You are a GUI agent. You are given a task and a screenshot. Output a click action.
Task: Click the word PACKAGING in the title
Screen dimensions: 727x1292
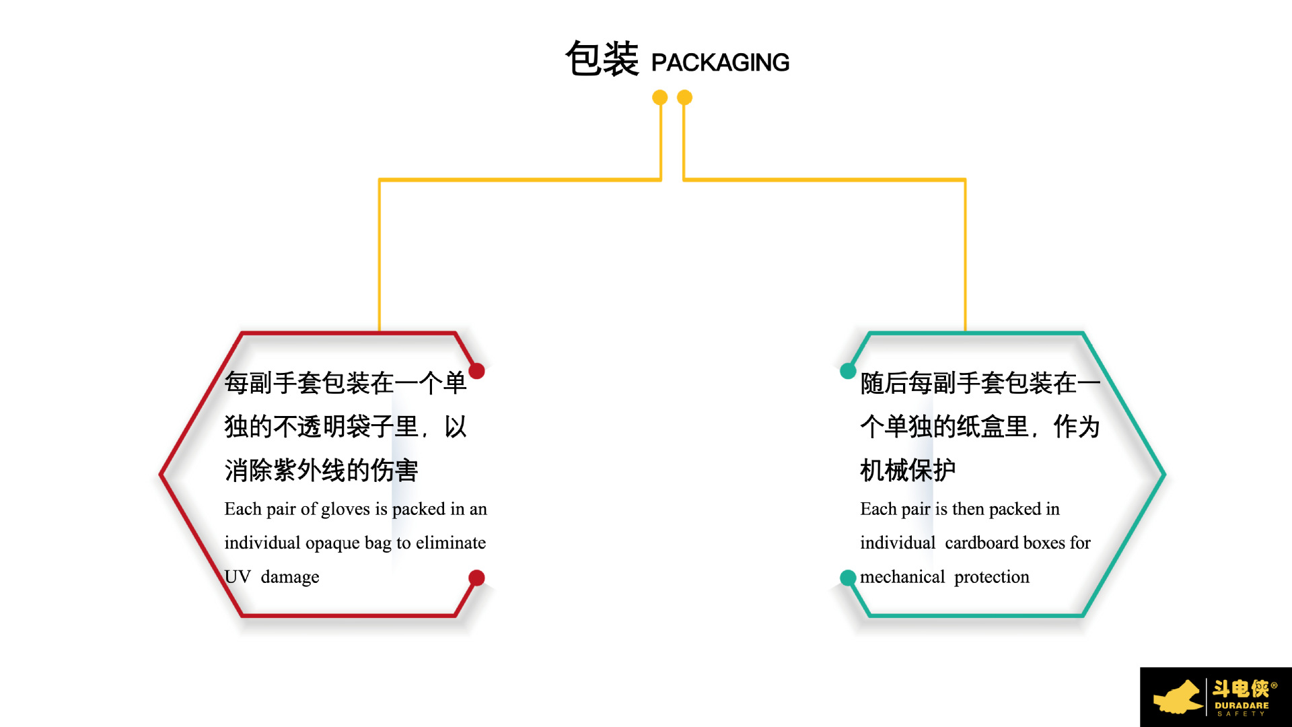[720, 63]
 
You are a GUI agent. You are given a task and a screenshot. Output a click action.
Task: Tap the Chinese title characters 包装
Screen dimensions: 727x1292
[602, 59]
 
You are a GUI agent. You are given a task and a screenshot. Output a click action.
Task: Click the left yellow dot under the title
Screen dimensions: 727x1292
[660, 98]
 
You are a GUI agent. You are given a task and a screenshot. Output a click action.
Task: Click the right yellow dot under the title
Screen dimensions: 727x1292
[684, 98]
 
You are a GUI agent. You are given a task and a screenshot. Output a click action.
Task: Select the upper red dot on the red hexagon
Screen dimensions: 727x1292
[476, 371]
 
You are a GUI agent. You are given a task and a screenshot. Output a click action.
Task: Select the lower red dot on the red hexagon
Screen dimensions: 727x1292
[476, 578]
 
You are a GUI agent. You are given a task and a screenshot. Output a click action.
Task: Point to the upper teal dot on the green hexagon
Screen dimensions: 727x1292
[848, 371]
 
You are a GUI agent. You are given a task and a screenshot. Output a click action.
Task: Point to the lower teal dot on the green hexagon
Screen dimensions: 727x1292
[848, 578]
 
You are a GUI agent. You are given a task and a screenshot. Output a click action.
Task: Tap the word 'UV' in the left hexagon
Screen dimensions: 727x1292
[238, 577]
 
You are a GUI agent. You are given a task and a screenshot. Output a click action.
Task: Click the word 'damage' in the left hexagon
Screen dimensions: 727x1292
[290, 577]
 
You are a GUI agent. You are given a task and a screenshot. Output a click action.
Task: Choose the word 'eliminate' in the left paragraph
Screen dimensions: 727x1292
[451, 543]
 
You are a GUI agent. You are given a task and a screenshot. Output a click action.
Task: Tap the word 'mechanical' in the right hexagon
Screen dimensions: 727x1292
[902, 577]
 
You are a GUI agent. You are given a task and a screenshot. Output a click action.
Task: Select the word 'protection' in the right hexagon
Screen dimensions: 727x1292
[992, 577]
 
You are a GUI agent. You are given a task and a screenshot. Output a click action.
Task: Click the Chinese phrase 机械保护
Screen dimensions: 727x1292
[908, 470]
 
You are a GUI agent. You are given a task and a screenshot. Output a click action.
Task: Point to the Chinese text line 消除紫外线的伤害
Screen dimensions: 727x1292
[322, 470]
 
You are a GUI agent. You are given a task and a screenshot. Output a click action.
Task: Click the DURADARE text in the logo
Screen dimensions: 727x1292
[1242, 705]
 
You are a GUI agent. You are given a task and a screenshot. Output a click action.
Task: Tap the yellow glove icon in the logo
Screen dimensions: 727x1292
[1178, 697]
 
